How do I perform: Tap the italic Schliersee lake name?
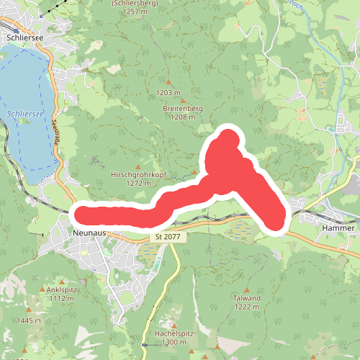click(x=24, y=113)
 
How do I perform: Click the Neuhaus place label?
click(x=91, y=233)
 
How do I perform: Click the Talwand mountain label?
click(x=248, y=297)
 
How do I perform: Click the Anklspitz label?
click(x=62, y=289)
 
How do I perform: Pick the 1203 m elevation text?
click(x=168, y=93)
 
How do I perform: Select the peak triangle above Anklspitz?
click(x=62, y=280)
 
